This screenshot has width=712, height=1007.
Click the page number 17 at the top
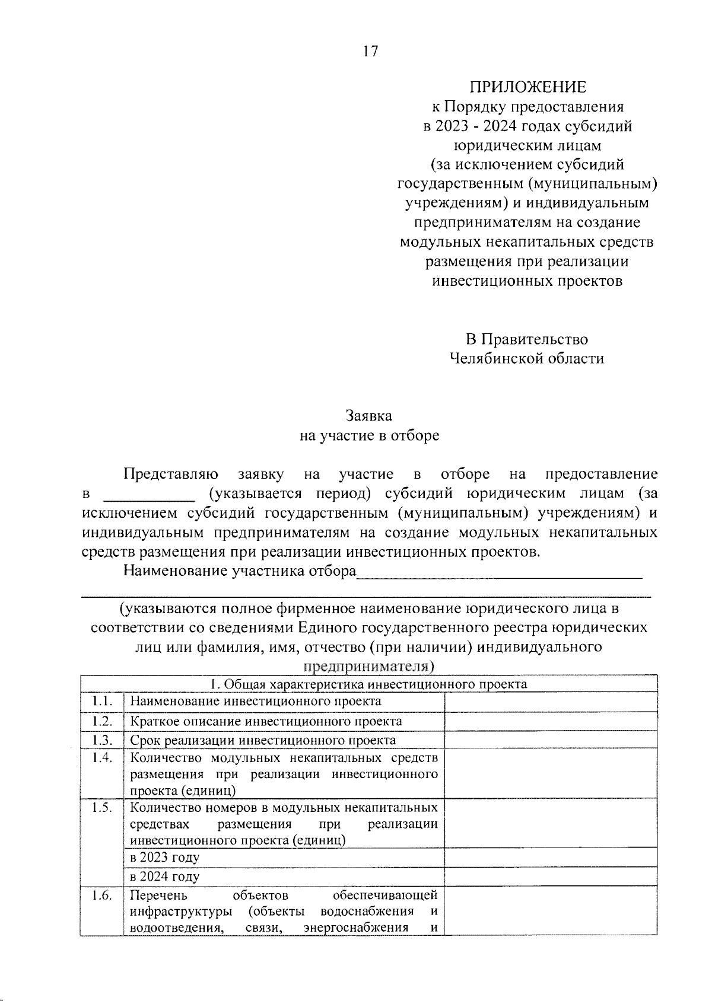pyautogui.click(x=370, y=52)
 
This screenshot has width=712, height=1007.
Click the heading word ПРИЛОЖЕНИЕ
pyautogui.click(x=527, y=88)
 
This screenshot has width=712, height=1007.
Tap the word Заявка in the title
pyautogui.click(x=369, y=416)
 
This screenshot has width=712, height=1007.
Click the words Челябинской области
pyautogui.click(x=527, y=358)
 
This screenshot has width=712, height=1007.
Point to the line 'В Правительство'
pyautogui.click(x=527, y=339)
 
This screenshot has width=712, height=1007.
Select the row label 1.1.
pyautogui.click(x=102, y=701)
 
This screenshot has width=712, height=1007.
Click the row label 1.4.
pyautogui.click(x=102, y=758)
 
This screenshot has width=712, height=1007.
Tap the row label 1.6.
pyautogui.click(x=102, y=896)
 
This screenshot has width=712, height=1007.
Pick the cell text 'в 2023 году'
pyautogui.click(x=165, y=858)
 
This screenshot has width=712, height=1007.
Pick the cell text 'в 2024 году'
pyautogui.click(x=165, y=877)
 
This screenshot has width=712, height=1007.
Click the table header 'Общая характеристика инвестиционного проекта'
pyautogui.click(x=369, y=684)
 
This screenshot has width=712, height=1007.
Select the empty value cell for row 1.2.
pyautogui.click(x=551, y=721)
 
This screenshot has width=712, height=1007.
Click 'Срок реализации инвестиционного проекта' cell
pyautogui.click(x=263, y=741)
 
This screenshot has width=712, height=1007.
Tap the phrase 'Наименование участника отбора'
pyautogui.click(x=239, y=572)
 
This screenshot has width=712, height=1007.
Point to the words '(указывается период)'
pyautogui.click(x=294, y=493)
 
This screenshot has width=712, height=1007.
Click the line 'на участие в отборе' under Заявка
pyautogui.click(x=369, y=436)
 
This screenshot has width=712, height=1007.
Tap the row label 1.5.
pyautogui.click(x=102, y=808)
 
